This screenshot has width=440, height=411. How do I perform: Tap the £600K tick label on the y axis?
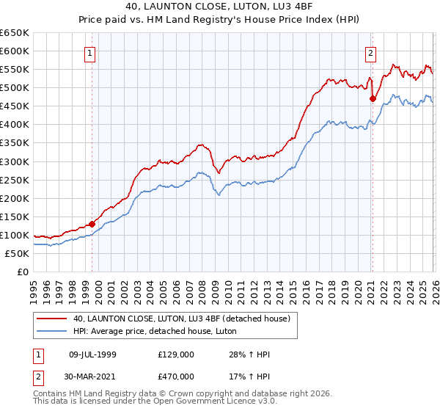tap(15, 51)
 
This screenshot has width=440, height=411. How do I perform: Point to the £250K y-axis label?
tap(15, 180)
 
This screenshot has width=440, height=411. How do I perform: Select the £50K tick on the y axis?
tap(18, 253)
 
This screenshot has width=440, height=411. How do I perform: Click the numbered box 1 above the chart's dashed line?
tap(89, 53)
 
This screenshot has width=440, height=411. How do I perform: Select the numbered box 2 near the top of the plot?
tap(371, 53)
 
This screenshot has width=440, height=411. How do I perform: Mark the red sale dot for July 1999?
tap(92, 224)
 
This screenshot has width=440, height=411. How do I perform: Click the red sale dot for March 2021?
tap(373, 98)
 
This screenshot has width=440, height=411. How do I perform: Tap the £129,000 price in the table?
tap(175, 354)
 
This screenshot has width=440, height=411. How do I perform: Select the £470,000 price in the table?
tap(175, 377)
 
